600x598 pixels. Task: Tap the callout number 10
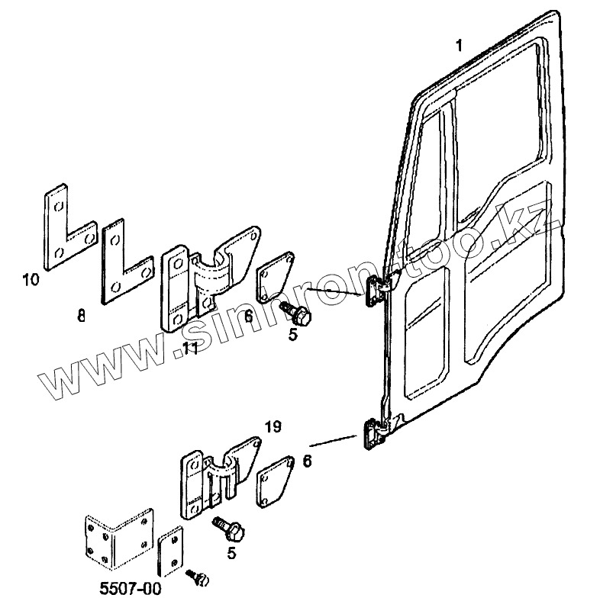coord(31,280)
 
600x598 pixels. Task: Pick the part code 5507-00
coord(130,589)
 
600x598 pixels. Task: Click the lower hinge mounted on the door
coord(373,435)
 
